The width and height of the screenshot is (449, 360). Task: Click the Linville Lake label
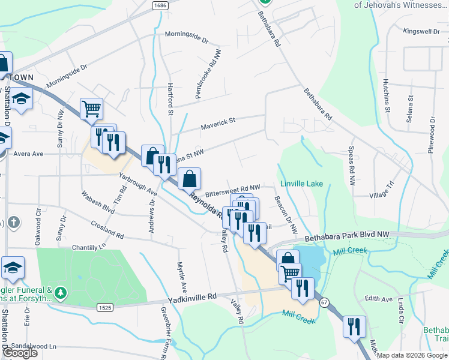point(301,184)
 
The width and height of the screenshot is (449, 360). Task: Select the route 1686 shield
point(160,5)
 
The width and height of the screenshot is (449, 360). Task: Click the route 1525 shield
point(104,307)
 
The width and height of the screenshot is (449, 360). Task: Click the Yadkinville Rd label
point(192,297)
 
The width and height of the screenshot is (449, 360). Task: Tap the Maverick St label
point(218,122)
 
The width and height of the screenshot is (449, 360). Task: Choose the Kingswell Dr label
point(421,31)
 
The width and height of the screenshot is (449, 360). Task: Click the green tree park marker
point(60,293)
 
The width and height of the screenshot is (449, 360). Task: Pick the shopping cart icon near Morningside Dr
point(91,109)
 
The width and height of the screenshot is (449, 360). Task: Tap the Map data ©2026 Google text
point(412,355)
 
